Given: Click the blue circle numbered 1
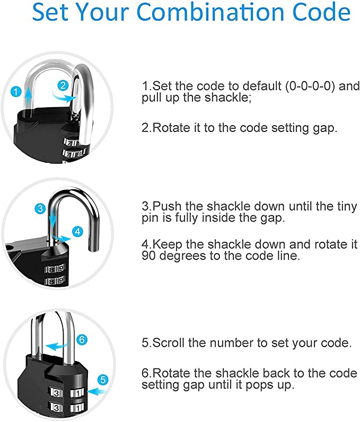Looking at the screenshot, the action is tap(16, 92).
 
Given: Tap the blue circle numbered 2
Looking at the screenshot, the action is tap(63, 85).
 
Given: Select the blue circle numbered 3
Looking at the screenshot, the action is tap(40, 208).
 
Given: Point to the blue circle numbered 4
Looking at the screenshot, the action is tap(78, 232).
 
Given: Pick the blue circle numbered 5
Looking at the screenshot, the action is tap(103, 380).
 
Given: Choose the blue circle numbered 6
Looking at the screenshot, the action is tap(82, 340).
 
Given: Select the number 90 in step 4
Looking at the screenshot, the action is tap(148, 256).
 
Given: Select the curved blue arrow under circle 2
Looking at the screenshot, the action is tap(63, 98).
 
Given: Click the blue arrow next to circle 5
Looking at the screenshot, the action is tap(98, 392).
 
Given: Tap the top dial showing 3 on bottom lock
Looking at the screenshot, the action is tap(56, 393).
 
